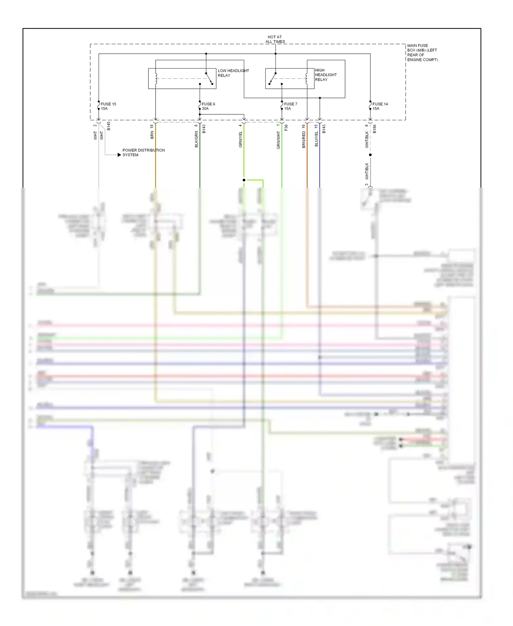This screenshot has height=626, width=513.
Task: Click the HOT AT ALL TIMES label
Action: (275, 39)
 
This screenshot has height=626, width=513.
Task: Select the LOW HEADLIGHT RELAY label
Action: (233, 73)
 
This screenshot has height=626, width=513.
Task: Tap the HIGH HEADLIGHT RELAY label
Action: (326, 75)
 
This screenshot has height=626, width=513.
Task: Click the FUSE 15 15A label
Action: (108, 106)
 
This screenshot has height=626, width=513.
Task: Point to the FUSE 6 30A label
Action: (208, 106)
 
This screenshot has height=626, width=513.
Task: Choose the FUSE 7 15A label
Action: (290, 106)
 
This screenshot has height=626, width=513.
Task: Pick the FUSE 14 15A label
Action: (380, 106)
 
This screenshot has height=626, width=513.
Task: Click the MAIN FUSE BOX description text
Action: (422, 52)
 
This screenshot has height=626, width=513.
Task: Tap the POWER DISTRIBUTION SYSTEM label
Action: (143, 152)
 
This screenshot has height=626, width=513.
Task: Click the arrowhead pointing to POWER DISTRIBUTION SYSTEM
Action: (119, 155)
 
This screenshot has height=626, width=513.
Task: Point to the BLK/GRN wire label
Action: (196, 139)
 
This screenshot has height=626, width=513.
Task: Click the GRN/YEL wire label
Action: (240, 139)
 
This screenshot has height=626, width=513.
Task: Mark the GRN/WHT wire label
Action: (278, 140)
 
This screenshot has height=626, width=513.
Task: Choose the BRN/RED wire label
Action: (304, 140)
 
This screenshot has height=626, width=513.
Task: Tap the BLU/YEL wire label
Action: (316, 139)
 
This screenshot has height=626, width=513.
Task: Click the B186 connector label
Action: (374, 129)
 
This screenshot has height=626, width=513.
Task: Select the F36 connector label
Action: (286, 127)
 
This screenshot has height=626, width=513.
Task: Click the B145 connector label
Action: (109, 126)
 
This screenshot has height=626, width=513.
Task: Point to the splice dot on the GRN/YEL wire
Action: (244, 180)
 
